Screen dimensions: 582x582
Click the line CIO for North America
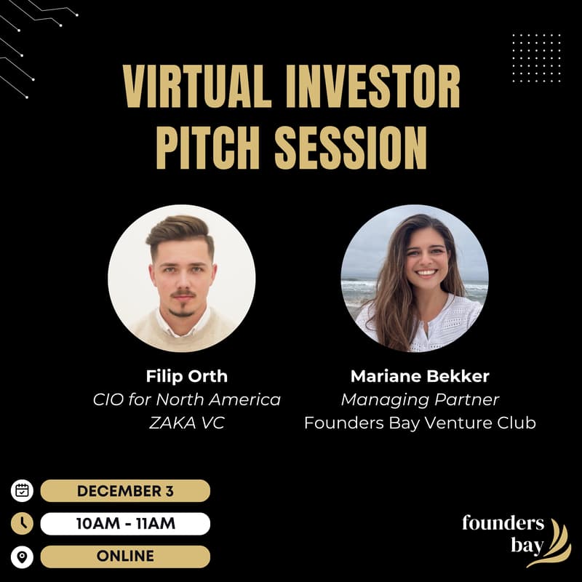[x=186, y=399]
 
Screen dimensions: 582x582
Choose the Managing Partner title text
[x=420, y=399]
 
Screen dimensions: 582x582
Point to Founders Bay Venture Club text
[x=420, y=423]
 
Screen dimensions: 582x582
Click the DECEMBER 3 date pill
[x=125, y=490]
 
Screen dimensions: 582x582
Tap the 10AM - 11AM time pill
[x=125, y=523]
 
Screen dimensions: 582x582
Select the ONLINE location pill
[x=125, y=556]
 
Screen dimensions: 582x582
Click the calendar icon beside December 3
[x=23, y=490]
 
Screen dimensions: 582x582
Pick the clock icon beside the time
[x=23, y=523]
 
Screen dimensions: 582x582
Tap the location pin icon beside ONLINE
[x=23, y=557]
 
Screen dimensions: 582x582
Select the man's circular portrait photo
[x=182, y=279]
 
